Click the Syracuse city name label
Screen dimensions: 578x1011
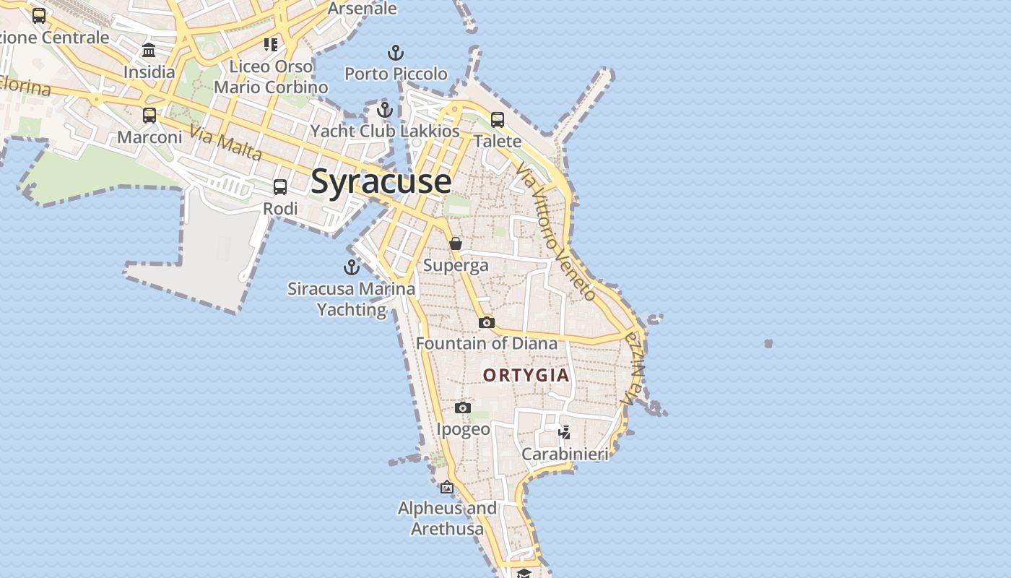(381, 181)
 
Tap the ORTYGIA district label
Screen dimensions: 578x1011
(526, 376)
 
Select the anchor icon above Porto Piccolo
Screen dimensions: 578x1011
(396, 53)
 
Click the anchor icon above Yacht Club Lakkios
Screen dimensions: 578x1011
(385, 110)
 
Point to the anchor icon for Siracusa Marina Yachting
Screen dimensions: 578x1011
(352, 267)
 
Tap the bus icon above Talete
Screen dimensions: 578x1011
(498, 120)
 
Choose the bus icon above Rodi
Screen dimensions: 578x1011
(280, 187)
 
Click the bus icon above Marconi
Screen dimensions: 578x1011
(149, 116)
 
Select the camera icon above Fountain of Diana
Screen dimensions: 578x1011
(487, 322)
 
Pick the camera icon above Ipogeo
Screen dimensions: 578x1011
(463, 408)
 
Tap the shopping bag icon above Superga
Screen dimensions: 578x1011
(456, 244)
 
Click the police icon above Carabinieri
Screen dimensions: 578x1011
(565, 433)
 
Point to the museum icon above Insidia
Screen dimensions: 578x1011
(149, 51)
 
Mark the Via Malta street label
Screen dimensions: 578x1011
(226, 142)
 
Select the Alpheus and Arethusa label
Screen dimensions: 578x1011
(448, 519)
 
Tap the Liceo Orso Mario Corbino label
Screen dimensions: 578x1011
(271, 77)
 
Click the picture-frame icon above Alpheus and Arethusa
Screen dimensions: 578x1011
(447, 487)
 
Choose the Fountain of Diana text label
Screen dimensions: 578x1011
(487, 343)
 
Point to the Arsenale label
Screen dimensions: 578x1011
(363, 9)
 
